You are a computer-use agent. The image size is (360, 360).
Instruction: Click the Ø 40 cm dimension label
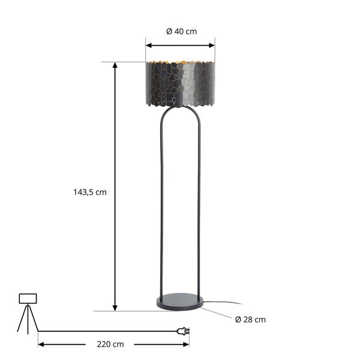click(181, 31)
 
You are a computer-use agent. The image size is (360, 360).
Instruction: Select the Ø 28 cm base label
click(251, 320)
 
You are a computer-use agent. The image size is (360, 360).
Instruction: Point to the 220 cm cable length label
click(110, 344)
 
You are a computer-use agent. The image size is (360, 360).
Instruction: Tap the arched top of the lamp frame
click(181, 109)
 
